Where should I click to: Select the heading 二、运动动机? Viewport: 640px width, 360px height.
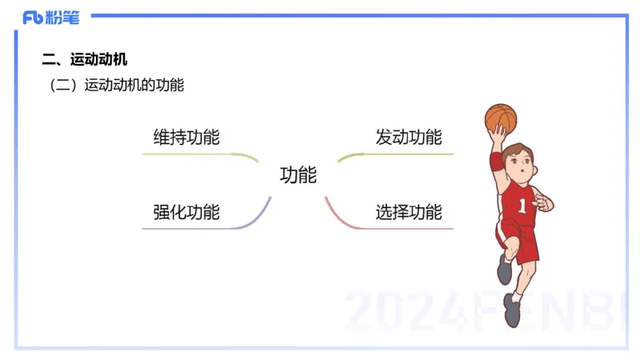84,60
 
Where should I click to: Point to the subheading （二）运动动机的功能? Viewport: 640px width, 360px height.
117,85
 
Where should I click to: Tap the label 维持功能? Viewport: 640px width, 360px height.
186,137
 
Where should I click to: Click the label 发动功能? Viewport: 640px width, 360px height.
408,137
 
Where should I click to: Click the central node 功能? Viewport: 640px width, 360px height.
298,175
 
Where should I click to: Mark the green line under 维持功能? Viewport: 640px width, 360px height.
192,154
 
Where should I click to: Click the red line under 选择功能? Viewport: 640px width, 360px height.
400,229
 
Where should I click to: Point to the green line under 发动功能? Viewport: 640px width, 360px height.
400,154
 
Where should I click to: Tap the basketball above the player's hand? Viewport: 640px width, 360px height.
501,118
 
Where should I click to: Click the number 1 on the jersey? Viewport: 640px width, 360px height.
522,206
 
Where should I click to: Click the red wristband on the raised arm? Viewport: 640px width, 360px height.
497,161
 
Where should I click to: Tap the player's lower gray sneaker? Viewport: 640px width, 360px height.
511,310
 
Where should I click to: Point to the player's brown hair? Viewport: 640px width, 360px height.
523,150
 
